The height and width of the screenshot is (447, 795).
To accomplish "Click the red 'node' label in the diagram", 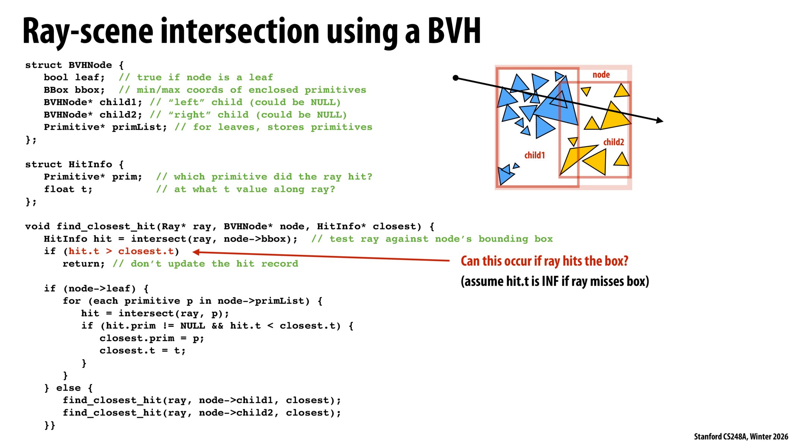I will (601, 75).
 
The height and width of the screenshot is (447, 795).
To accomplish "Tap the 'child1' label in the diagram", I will (534, 155).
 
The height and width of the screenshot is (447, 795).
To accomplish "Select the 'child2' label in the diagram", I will (613, 142).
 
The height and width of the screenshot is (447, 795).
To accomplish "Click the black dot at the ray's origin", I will (455, 78).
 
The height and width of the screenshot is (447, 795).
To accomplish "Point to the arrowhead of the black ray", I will (660, 120).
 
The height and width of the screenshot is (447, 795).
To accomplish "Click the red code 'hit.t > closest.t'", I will (121, 251).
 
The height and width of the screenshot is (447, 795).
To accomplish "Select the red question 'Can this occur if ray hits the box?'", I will (544, 261).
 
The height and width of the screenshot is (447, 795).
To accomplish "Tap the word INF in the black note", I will (550, 281).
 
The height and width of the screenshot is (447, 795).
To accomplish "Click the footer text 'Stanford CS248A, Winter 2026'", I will (741, 437).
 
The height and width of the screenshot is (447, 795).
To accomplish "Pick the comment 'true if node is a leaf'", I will (205, 77).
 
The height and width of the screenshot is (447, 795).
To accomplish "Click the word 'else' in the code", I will (68, 388).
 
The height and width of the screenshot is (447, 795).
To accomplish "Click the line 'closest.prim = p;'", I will (152, 339).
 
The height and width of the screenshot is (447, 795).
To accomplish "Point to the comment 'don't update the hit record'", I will (214, 264).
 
